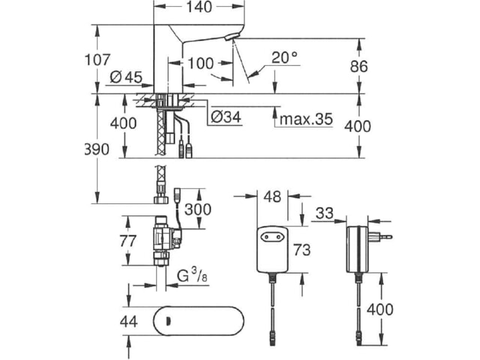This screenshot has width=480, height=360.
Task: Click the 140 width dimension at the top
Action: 199,7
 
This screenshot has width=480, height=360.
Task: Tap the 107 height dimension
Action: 97,60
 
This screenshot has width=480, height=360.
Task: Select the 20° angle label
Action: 284,57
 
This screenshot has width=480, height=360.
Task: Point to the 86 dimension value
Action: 358,67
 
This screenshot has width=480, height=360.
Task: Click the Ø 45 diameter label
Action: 126,77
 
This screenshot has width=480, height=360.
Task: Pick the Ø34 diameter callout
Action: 226,117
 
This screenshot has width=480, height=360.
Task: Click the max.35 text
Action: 306,119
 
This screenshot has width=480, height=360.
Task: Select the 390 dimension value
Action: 97,149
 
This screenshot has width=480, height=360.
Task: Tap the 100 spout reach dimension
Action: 200,64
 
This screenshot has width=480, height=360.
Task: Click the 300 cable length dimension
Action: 198,209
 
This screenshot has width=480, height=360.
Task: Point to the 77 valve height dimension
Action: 127,241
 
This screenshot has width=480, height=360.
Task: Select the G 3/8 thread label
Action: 192,274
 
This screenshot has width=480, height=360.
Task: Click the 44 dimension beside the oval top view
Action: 128,322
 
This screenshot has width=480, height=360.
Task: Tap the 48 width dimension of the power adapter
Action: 272,196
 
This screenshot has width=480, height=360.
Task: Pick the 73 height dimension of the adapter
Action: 301,250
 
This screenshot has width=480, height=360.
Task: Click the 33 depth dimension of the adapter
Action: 325,213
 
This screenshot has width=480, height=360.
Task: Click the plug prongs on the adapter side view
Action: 380,236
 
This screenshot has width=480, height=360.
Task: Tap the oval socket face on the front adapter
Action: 271,236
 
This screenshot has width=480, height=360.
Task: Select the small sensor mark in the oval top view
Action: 167,322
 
